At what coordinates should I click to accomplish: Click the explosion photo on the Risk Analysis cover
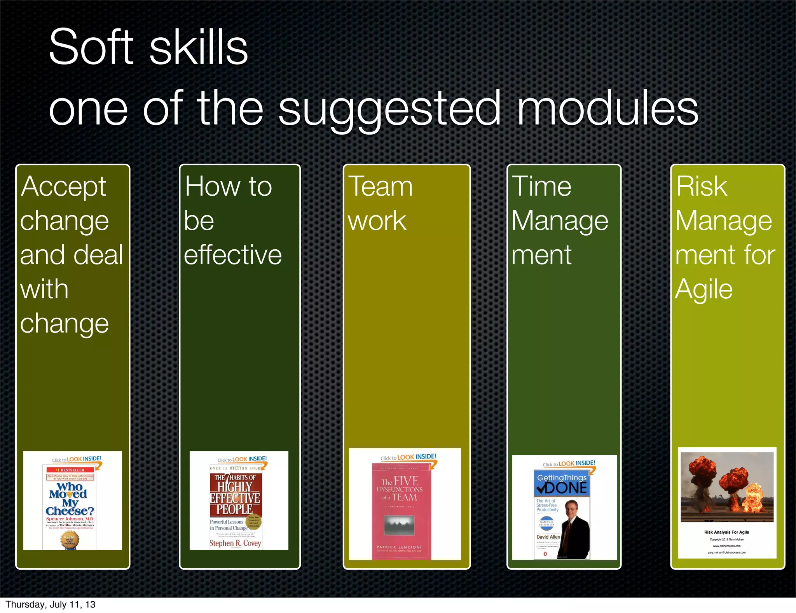(x=727, y=486)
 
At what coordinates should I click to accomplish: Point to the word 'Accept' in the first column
(x=63, y=187)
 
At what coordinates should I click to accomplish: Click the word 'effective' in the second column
(x=233, y=255)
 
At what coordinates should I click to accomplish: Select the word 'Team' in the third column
(x=380, y=187)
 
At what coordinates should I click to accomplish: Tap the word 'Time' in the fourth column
(x=541, y=187)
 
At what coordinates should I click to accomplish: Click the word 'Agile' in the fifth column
(x=704, y=290)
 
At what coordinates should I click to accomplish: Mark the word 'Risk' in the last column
(x=702, y=187)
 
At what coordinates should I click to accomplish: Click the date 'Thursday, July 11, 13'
(x=51, y=604)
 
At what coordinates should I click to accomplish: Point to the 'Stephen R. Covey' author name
(x=235, y=543)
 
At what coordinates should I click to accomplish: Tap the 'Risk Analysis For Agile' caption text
(x=726, y=532)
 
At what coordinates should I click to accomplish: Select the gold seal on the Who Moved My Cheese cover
(x=70, y=540)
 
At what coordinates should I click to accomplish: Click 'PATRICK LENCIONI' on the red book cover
(x=399, y=547)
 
